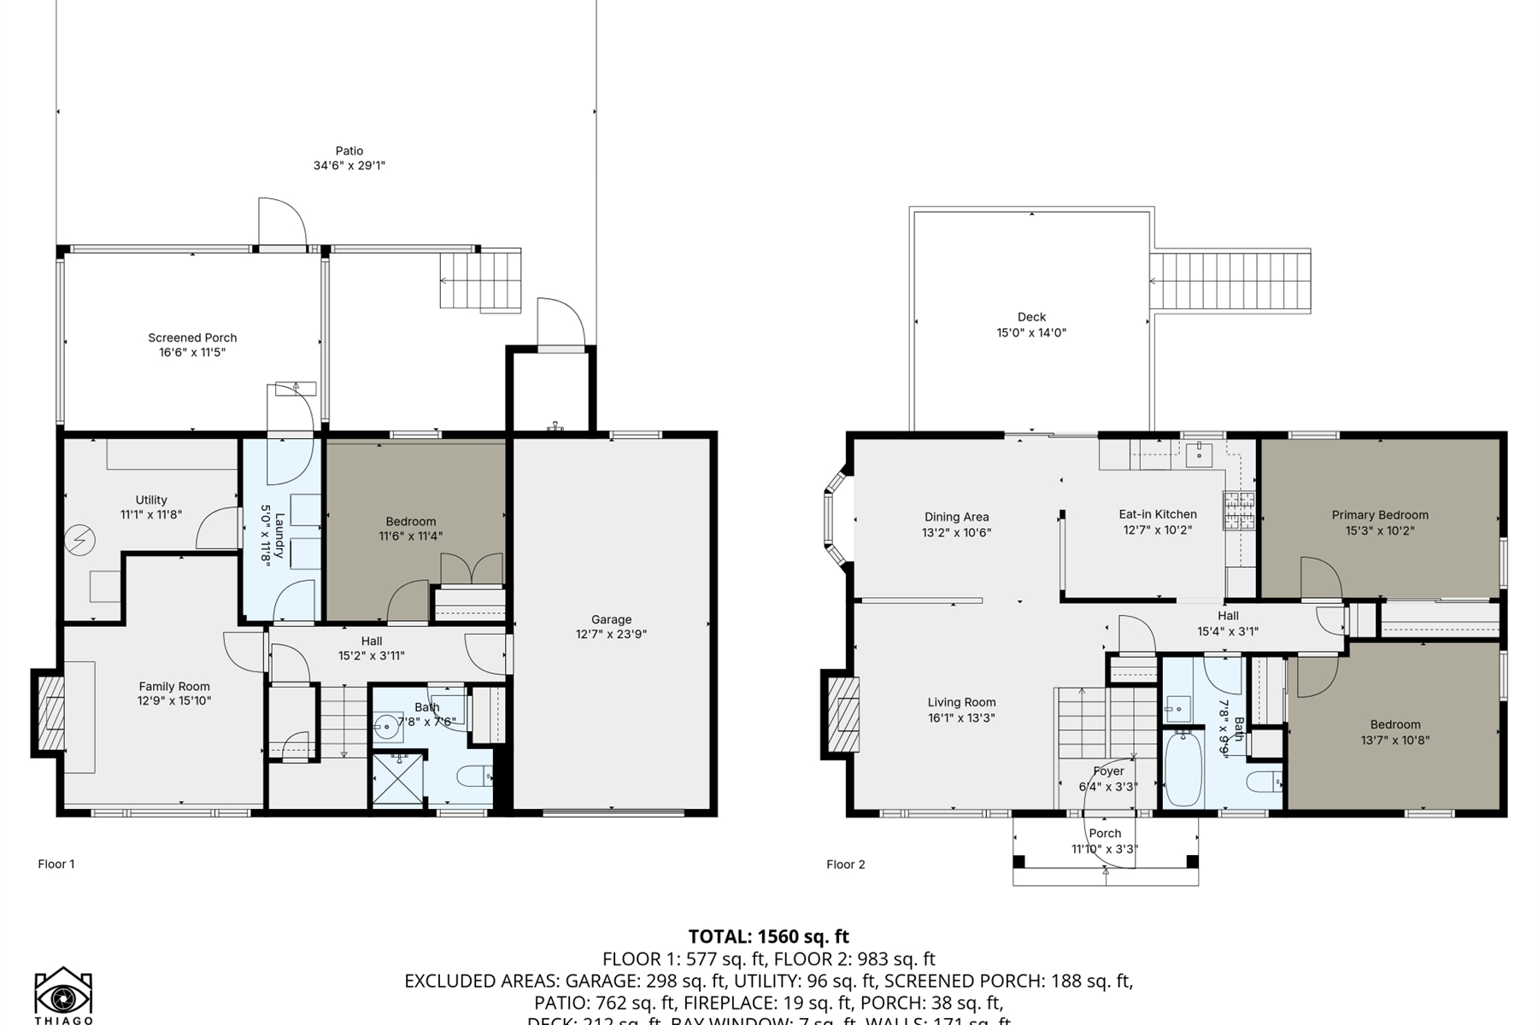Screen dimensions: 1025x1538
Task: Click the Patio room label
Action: tap(349, 150)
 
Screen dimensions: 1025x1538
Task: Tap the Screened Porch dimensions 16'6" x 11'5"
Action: tap(192, 352)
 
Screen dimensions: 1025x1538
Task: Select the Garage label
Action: tap(611, 619)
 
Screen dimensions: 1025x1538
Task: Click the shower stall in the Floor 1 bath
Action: tap(397, 779)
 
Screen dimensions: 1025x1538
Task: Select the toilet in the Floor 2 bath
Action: tap(1264, 781)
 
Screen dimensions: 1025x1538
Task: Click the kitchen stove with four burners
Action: tap(1238, 511)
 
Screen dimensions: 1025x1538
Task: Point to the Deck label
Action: tap(1031, 317)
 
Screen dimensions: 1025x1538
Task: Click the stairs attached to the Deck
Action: tap(1230, 281)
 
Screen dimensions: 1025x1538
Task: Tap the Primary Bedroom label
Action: tap(1379, 515)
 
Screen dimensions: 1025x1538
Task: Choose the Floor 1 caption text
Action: tap(56, 864)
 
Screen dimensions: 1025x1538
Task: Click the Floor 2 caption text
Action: tap(845, 864)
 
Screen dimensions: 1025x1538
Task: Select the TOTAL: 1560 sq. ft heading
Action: tap(768, 936)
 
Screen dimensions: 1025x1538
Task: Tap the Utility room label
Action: tap(151, 500)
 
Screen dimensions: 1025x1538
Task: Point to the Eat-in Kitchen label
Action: tap(1157, 514)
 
